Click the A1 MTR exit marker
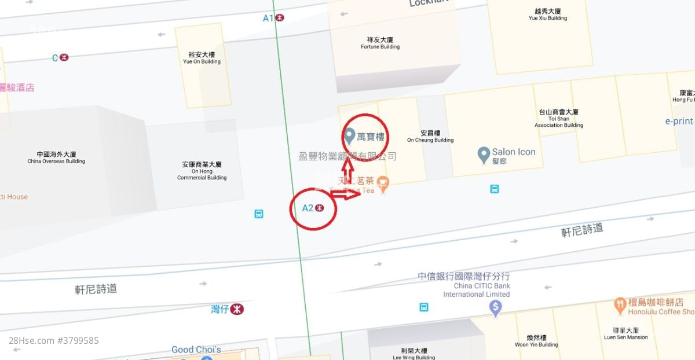[x=280, y=18]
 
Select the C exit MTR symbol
[x=64, y=58]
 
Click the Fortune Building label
[x=380, y=43]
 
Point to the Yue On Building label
[x=202, y=58]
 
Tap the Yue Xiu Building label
[x=548, y=14]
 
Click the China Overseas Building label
[x=56, y=157]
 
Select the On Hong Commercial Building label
[x=202, y=171]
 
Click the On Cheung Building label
[x=430, y=136]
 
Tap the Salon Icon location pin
[x=484, y=154]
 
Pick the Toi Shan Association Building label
[x=558, y=118]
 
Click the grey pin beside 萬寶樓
[x=349, y=136]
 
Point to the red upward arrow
[x=348, y=171]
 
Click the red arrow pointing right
[x=348, y=195]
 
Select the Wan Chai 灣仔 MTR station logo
[x=236, y=310]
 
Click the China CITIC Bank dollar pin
[x=495, y=308]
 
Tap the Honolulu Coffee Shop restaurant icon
[x=620, y=303]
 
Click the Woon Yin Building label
[x=536, y=341]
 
